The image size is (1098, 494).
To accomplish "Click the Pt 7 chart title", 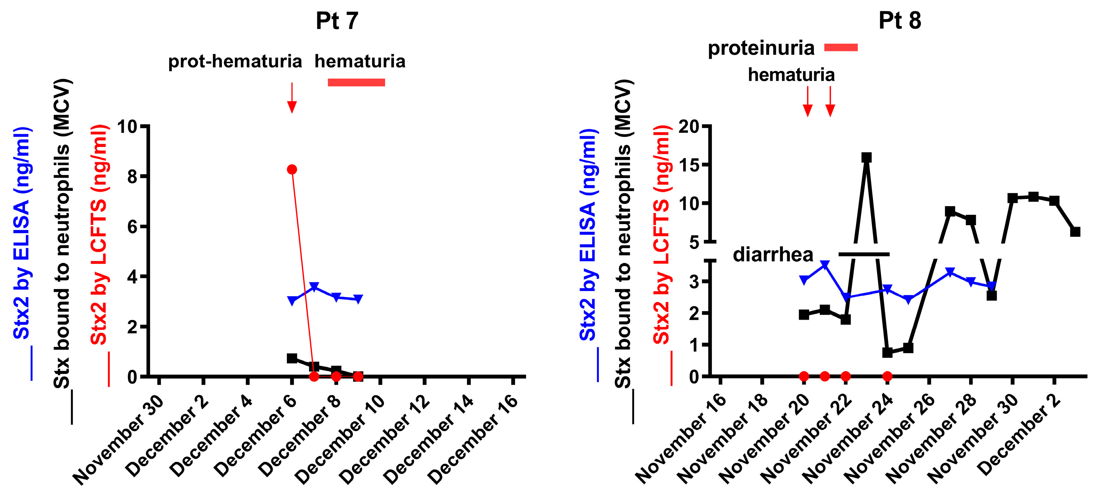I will [x=337, y=20].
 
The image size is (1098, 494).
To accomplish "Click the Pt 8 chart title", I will [x=899, y=20].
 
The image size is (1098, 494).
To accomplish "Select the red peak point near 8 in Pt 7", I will [x=292, y=169].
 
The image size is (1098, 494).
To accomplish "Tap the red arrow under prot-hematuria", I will [x=292, y=98].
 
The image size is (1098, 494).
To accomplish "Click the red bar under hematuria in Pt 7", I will [x=356, y=83].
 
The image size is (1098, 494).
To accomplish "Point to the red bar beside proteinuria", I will [x=840, y=47].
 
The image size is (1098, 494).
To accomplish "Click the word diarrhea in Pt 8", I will [x=773, y=255].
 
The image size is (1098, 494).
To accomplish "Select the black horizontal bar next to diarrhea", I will [x=864, y=254].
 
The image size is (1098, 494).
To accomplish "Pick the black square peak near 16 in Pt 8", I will [x=866, y=158].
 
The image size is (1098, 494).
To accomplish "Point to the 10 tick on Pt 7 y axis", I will [x=128, y=126].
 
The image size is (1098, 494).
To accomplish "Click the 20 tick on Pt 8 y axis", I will [x=689, y=126].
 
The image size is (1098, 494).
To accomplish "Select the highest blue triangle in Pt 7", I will [x=314, y=287].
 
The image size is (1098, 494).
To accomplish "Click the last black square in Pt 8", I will [x=1075, y=232].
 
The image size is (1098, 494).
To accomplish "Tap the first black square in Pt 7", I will [x=292, y=358].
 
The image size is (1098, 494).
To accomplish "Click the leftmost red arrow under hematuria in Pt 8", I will [x=807, y=102].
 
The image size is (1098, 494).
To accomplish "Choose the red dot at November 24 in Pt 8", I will [x=887, y=376].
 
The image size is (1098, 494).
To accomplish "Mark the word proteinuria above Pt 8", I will [x=761, y=48].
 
